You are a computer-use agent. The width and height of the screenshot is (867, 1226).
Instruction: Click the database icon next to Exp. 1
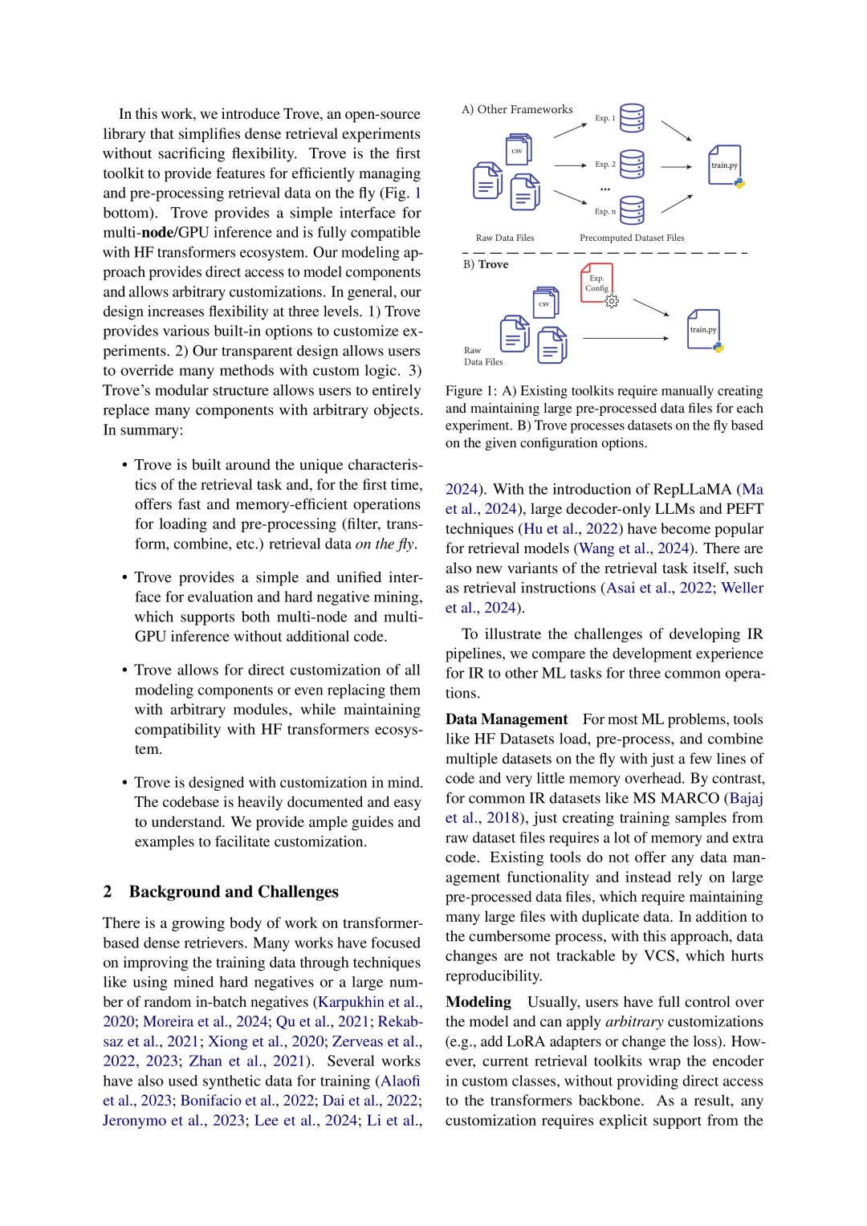tap(632, 117)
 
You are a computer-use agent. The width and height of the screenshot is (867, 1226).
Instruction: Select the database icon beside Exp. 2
tap(632, 164)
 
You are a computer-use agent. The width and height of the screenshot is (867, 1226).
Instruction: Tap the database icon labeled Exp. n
tap(632, 210)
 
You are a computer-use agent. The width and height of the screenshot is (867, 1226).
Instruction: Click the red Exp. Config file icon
tap(596, 283)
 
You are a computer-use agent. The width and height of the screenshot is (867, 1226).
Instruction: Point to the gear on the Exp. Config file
tap(612, 301)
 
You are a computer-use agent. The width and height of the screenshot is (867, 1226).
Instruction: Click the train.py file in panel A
tap(724, 165)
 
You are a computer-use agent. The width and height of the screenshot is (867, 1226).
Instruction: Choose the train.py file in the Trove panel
tap(703, 329)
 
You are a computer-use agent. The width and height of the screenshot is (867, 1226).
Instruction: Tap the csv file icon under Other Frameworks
tap(518, 150)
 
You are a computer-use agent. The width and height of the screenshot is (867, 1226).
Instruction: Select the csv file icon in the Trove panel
tap(545, 303)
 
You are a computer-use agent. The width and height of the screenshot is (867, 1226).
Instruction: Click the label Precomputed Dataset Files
tap(632, 238)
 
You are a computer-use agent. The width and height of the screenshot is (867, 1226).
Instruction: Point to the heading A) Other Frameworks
tap(517, 109)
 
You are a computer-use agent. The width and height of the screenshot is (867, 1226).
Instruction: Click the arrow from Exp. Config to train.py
tap(650, 308)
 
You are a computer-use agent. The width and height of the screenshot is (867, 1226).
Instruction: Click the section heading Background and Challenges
tap(234, 892)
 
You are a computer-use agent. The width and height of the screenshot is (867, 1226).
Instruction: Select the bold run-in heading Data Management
tap(507, 719)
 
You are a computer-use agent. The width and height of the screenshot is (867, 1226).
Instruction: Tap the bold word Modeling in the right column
tap(478, 1002)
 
